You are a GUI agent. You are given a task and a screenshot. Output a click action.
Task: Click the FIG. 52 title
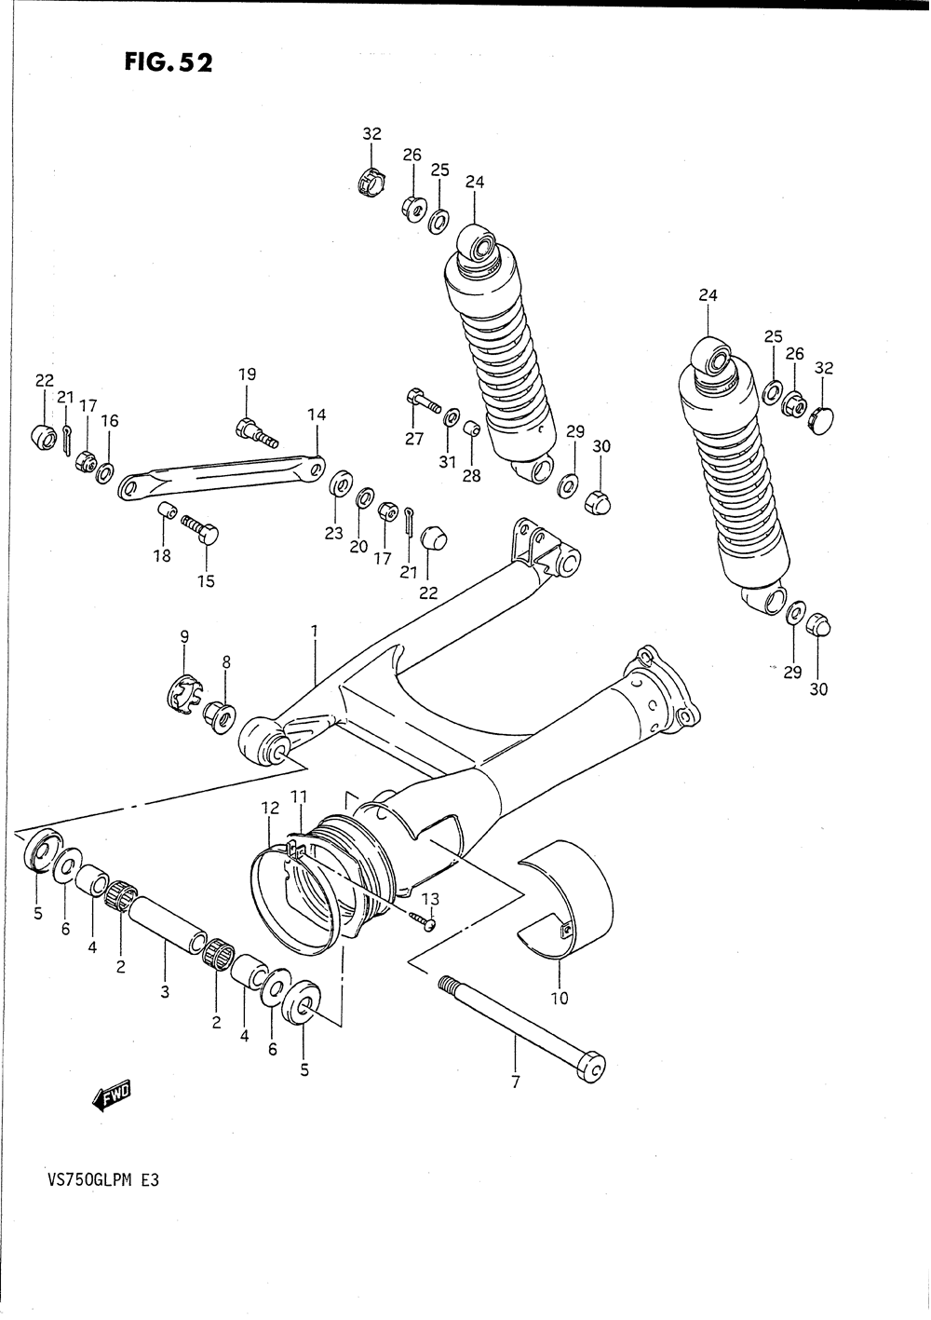pos(168,61)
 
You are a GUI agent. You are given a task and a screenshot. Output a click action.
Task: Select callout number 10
pos(560,998)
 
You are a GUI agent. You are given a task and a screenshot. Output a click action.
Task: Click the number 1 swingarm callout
pos(315,632)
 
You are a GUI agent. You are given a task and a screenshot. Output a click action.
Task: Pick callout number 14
pos(317,415)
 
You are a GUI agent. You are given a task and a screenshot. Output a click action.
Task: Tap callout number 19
pos(248,374)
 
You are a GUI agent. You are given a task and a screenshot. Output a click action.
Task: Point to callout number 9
pos(184,636)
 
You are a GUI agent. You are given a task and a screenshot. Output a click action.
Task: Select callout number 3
pos(165,991)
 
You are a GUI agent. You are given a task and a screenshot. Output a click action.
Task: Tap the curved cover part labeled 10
pos(565,902)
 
